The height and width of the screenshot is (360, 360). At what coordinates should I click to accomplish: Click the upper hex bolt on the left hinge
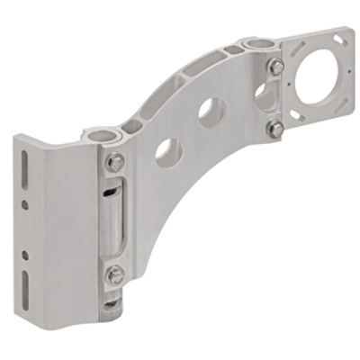[114, 163]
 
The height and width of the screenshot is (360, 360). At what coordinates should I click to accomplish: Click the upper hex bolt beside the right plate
[276, 67]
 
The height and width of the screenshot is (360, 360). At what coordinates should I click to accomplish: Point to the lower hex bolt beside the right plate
[275, 130]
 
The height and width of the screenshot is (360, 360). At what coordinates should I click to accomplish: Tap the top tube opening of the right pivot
[259, 42]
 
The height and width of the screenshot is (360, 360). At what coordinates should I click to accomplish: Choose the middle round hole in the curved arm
[208, 110]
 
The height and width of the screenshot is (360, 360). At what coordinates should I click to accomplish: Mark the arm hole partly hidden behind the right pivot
[260, 89]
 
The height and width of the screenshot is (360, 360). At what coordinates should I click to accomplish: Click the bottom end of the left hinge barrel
[109, 308]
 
